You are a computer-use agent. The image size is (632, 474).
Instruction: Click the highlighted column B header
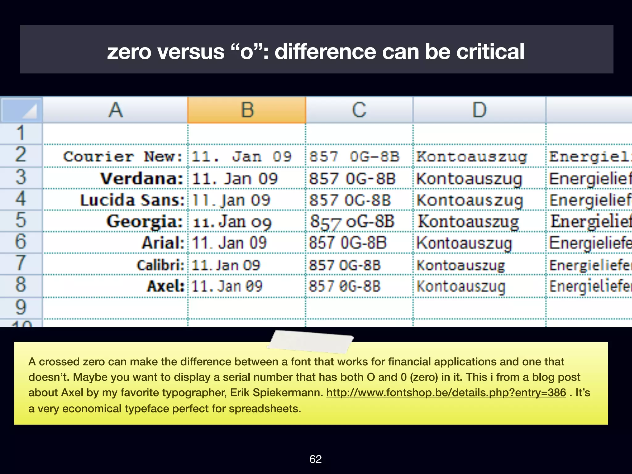click(247, 110)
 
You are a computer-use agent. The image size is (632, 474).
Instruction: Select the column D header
click(479, 110)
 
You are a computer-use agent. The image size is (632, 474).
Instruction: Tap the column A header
click(115, 110)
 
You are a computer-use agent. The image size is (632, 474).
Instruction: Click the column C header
click(359, 110)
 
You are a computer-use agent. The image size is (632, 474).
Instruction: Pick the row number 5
click(21, 220)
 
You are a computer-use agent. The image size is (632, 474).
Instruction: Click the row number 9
click(21, 307)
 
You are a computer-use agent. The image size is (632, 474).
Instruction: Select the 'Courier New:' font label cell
click(123, 156)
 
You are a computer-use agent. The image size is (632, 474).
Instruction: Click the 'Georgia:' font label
click(144, 222)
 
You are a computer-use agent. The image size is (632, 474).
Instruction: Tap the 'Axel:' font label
click(165, 286)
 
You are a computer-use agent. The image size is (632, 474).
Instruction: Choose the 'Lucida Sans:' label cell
click(132, 200)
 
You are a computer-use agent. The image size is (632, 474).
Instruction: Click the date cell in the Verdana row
click(235, 179)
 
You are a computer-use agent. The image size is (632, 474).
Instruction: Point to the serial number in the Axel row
click(344, 286)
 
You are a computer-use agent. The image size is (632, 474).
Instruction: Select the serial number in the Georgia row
click(352, 222)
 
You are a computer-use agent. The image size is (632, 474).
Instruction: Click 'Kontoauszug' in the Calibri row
click(461, 265)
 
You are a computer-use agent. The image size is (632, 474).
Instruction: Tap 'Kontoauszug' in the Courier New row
click(472, 156)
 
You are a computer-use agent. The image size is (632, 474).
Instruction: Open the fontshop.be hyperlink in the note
click(446, 393)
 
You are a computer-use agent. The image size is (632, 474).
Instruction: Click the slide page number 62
click(315, 459)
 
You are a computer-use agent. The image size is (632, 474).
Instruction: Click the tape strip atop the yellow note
click(311, 341)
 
